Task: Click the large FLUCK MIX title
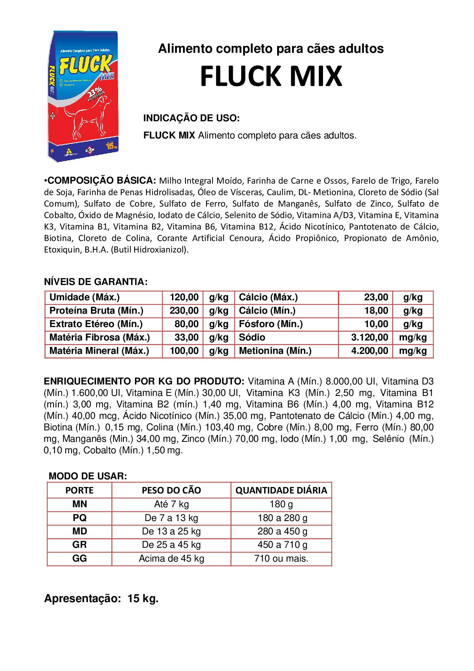point(271,77)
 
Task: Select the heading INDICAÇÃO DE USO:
point(191,118)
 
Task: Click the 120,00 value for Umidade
point(184,297)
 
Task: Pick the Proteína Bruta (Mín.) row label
point(96,311)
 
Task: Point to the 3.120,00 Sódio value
point(370,337)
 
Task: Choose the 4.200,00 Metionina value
point(370,351)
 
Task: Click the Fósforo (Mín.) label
point(271,324)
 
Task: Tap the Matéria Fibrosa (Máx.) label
point(99,337)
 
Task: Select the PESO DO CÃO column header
point(171,490)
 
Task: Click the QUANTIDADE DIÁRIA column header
point(281,490)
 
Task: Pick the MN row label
point(80,504)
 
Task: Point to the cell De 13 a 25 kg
point(171,531)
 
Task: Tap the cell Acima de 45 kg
point(171,559)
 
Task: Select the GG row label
point(80,559)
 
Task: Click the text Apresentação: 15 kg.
point(101,599)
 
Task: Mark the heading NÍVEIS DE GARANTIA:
point(96,282)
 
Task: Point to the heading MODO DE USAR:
point(88,476)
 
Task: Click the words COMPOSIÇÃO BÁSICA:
point(101,180)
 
